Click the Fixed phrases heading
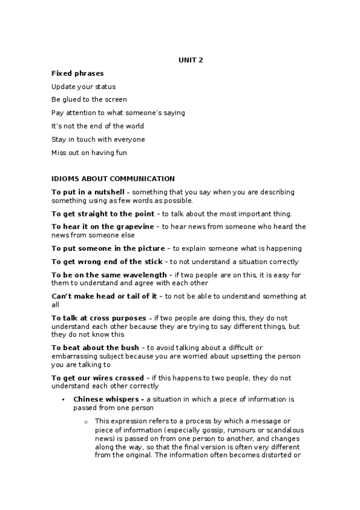click(x=78, y=73)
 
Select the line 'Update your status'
click(x=84, y=87)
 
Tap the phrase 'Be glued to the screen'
click(x=89, y=100)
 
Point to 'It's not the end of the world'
click(x=97, y=126)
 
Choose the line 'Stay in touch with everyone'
click(x=98, y=140)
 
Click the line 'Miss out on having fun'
click(x=89, y=153)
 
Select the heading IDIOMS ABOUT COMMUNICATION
click(x=113, y=179)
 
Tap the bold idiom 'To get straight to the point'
click(x=103, y=214)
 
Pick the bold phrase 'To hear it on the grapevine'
click(x=103, y=227)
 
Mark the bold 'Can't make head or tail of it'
click(x=104, y=296)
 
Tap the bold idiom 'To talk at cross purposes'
click(x=99, y=318)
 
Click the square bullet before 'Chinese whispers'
click(x=63, y=399)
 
